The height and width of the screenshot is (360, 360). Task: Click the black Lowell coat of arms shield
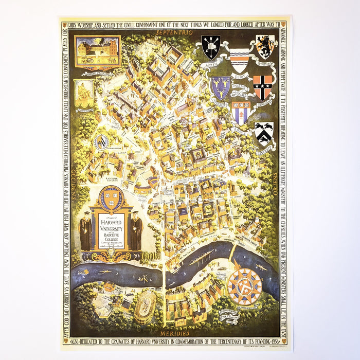point(210,47)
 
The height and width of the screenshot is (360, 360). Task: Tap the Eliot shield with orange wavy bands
point(237,60)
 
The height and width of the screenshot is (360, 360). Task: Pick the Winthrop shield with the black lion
point(264,46)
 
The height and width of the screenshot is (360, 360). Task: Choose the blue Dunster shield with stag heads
point(220,87)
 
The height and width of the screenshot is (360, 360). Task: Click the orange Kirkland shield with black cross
point(262,87)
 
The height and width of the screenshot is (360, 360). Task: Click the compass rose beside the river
point(245,285)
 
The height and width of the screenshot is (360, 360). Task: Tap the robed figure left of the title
point(85,233)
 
